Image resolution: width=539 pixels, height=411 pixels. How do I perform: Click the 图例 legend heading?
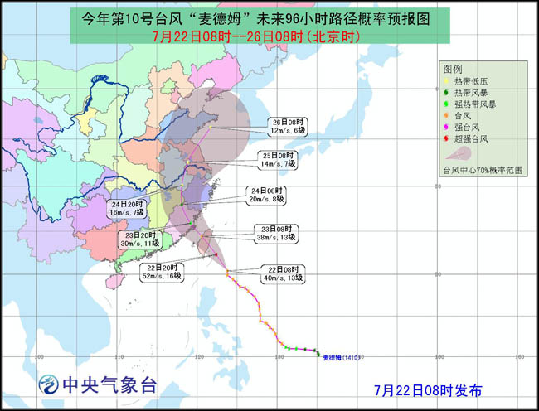(453, 68)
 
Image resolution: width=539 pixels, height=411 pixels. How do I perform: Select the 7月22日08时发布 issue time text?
(427, 389)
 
